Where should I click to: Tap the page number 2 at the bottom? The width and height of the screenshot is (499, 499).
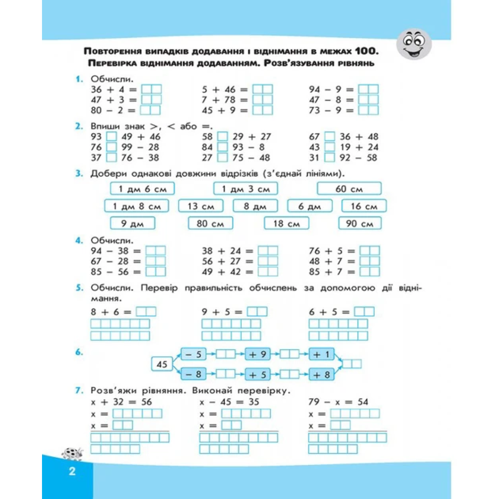72,471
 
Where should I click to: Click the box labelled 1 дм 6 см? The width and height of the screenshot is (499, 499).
142,189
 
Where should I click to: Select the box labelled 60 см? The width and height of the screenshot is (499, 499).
349,189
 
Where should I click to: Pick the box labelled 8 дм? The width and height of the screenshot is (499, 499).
255,206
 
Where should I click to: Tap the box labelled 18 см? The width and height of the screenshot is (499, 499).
287,224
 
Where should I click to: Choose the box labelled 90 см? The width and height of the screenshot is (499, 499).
360,224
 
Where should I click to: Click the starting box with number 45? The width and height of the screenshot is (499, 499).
162,364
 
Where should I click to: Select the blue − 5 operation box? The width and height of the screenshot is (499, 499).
193,354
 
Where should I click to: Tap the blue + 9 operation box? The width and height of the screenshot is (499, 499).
257,354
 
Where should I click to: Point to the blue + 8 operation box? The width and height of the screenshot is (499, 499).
321,375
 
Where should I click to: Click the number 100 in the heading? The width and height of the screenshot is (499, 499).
367,52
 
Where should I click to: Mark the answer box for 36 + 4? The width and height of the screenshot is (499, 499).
151,89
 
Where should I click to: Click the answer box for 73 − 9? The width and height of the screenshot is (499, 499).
368,110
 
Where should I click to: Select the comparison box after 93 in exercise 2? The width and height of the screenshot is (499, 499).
111,136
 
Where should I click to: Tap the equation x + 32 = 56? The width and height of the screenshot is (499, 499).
121,402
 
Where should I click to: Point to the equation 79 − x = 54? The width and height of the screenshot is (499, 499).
338,402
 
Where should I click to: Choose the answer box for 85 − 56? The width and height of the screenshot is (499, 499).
156,272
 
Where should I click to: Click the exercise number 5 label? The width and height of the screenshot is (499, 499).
79,288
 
